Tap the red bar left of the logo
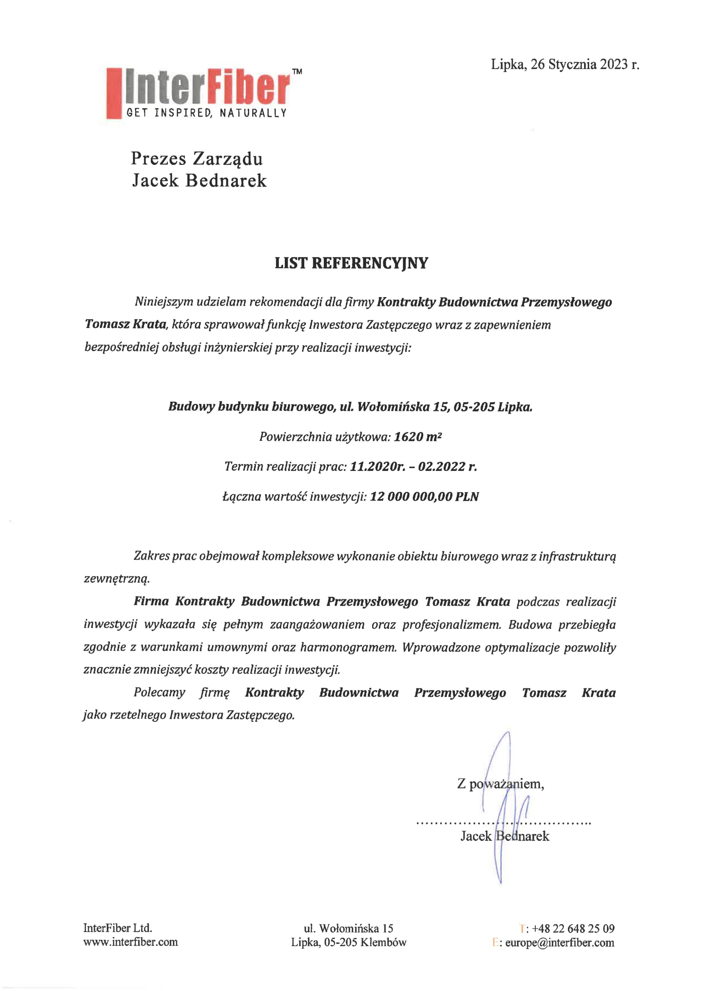[114, 93]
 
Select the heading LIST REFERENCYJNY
[351, 263]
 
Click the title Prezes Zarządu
[197, 159]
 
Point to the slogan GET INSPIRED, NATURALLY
[206, 113]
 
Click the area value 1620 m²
[417, 437]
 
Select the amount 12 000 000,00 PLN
[424, 496]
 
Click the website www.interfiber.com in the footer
[131, 941]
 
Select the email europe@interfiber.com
[559, 942]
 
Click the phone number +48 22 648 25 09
[573, 928]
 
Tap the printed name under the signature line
[505, 836]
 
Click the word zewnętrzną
[117, 579]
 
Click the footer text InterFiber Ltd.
[117, 927]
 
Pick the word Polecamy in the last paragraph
[159, 692]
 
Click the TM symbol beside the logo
[297, 72]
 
